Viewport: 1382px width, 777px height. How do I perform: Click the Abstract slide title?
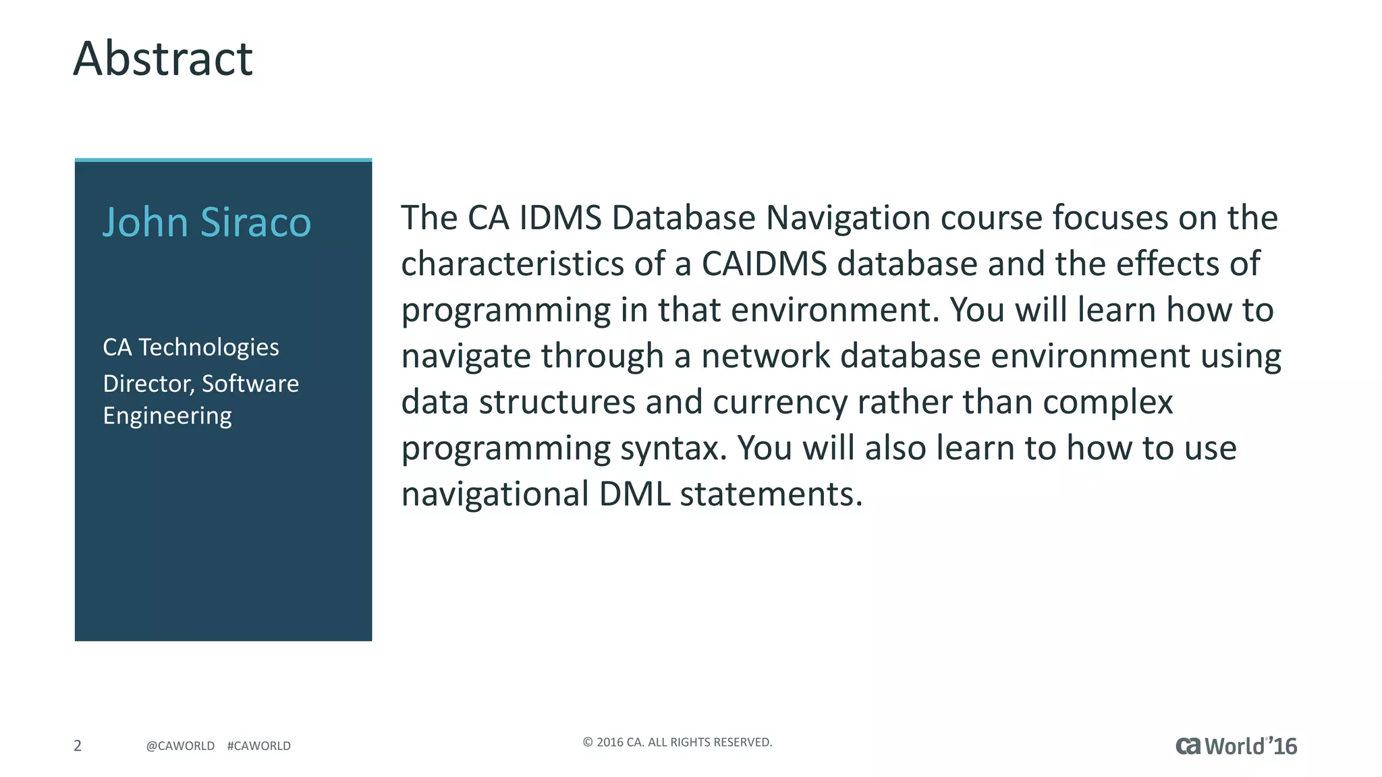163,59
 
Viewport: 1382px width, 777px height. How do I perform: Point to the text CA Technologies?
190,347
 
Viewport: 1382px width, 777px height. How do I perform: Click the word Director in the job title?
148,384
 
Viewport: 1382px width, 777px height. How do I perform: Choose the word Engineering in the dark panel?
167,416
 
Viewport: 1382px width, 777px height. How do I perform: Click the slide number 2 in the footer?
78,745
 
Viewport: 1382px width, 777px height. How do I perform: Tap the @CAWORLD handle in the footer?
180,746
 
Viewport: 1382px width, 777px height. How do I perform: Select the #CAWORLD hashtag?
259,746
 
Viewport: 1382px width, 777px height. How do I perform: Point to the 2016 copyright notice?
677,743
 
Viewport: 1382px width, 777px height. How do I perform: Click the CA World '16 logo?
1236,746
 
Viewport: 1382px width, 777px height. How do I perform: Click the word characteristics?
512,264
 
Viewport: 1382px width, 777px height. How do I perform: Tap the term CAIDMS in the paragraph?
764,264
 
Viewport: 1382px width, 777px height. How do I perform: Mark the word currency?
779,403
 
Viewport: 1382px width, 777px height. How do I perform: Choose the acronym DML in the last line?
634,494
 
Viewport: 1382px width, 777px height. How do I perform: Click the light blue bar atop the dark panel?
223,160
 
